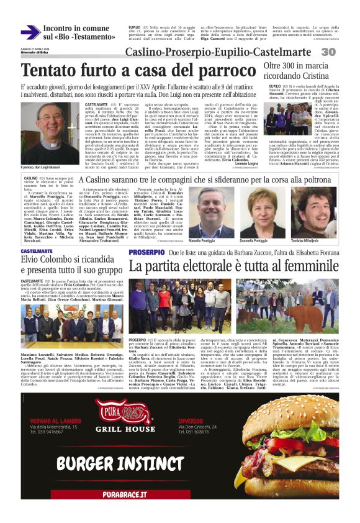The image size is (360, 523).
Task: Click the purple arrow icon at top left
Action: point(30,32)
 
